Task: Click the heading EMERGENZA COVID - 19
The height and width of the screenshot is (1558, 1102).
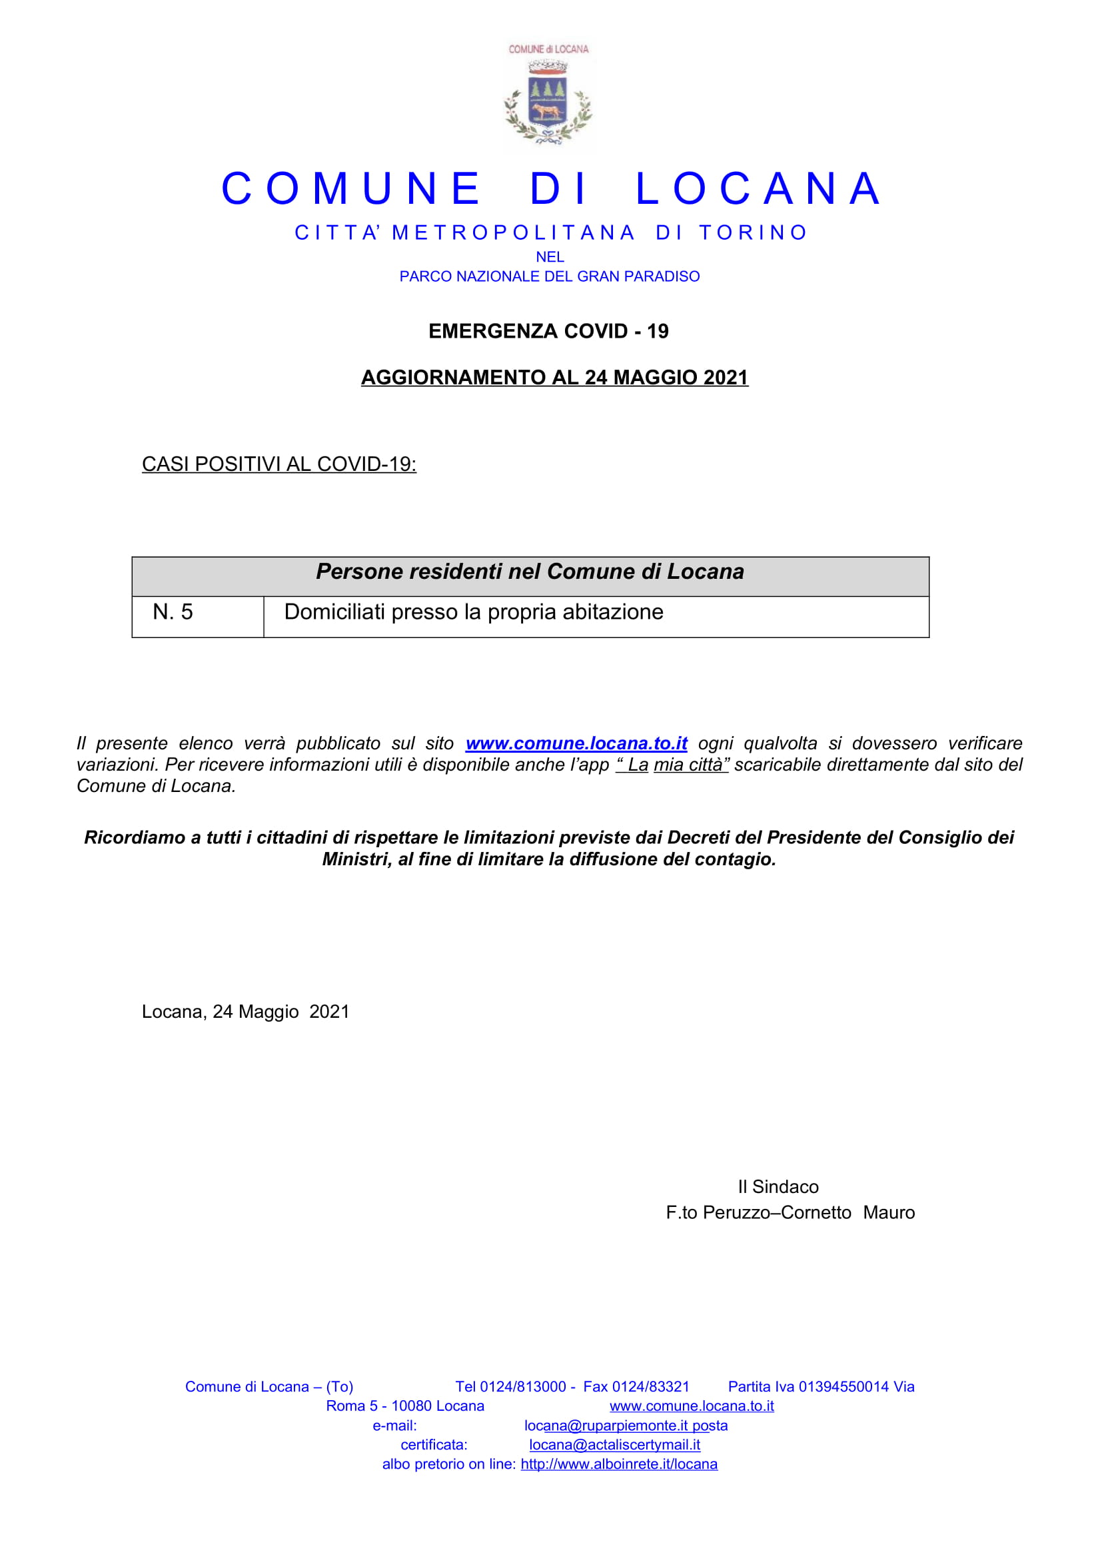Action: click(x=548, y=331)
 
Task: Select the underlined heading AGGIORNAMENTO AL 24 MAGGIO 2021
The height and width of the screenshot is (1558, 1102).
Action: click(x=554, y=377)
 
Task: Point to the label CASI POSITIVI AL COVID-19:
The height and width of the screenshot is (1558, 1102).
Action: click(x=279, y=464)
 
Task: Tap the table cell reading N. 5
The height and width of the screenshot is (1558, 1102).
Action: click(x=173, y=612)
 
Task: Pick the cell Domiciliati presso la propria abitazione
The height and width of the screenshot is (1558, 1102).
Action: click(x=473, y=612)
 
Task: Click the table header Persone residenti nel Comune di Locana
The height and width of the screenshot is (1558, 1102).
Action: click(x=529, y=572)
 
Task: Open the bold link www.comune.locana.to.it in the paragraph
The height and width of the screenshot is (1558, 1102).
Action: click(x=576, y=744)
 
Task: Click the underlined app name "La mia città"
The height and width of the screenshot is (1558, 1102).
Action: click(x=672, y=765)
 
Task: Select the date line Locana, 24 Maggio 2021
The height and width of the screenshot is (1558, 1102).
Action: click(x=245, y=1012)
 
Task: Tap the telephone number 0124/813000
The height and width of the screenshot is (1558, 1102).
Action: click(x=522, y=1387)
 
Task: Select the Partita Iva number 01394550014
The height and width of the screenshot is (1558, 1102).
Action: click(x=843, y=1387)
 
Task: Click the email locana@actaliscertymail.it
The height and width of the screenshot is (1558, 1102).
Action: click(x=614, y=1445)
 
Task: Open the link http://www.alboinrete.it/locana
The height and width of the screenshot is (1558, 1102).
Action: click(x=619, y=1463)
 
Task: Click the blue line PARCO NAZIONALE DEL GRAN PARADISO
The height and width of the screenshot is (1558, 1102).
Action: click(x=549, y=277)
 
